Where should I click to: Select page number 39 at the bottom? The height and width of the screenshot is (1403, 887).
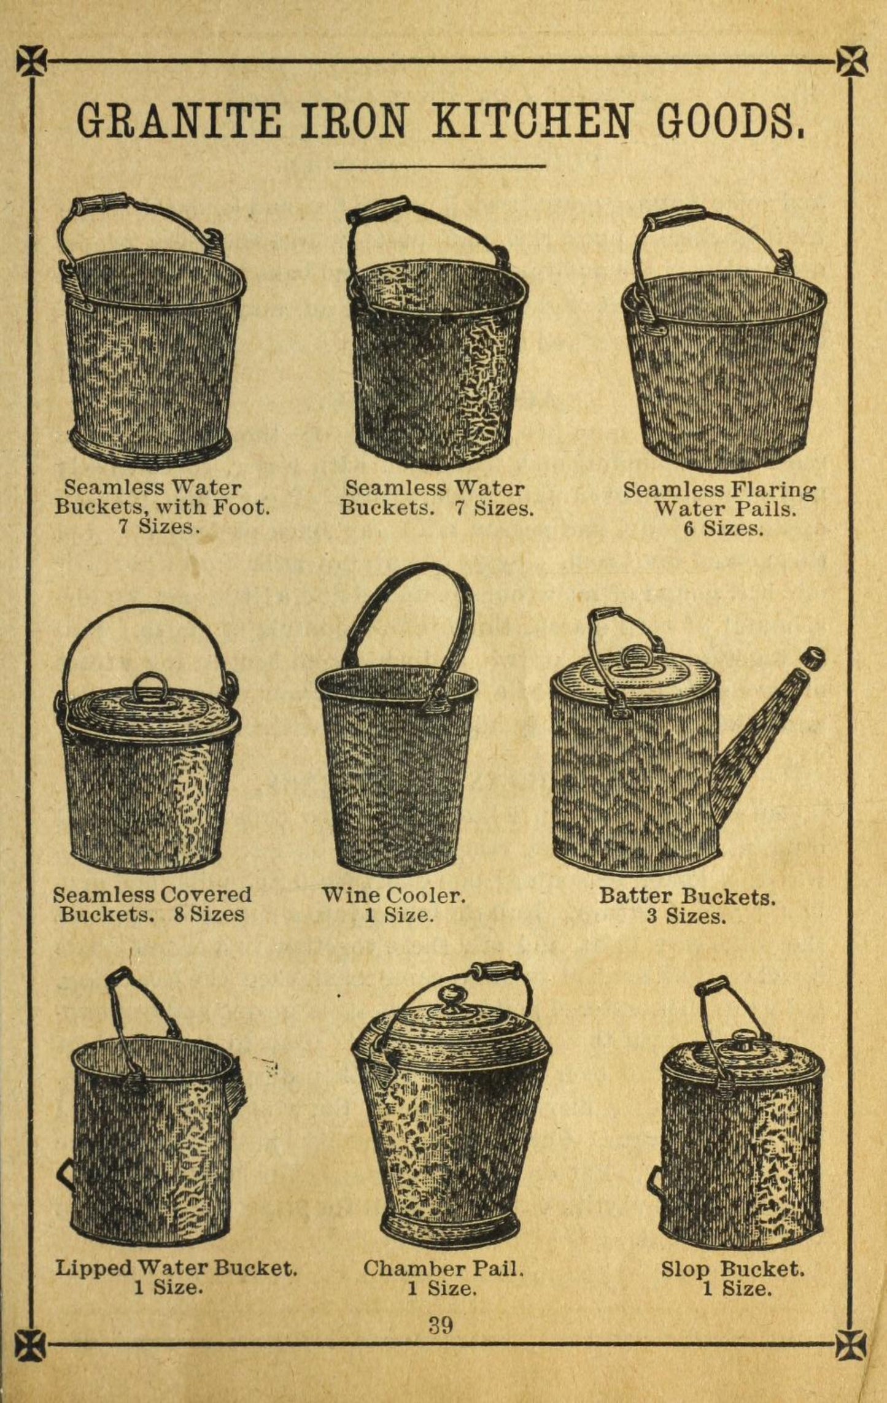tap(441, 1326)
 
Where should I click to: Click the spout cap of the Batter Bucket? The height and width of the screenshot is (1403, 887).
tap(813, 658)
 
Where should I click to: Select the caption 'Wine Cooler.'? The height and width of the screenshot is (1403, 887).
tap(393, 895)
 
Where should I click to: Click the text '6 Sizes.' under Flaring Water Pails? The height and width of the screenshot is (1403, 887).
tap(724, 528)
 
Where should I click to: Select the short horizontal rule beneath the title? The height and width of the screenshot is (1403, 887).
tap(440, 166)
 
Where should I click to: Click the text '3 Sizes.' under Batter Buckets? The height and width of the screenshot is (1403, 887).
tap(686, 917)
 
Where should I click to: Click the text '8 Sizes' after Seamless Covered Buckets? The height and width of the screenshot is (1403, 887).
tap(209, 914)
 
